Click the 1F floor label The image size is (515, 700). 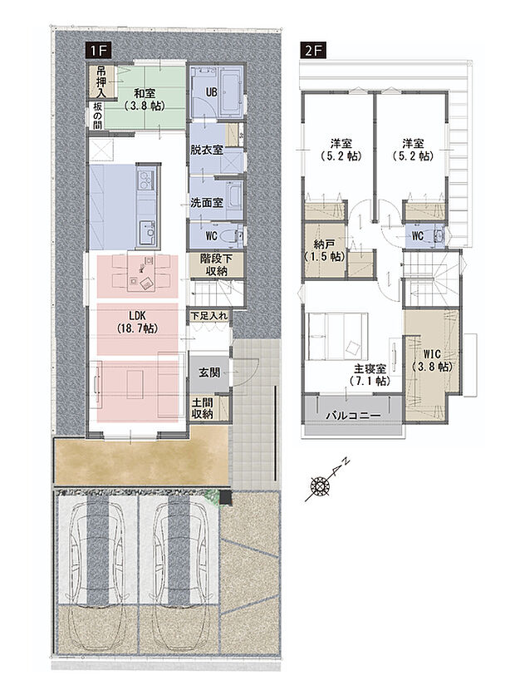click(98, 50)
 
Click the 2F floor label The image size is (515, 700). click(313, 50)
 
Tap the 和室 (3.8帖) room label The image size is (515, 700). click(145, 100)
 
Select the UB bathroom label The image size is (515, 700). click(211, 92)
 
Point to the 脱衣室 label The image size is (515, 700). click(207, 150)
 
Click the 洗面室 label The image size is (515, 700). click(207, 203)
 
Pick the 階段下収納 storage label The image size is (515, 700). click(216, 264)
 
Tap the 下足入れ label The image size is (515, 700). click(209, 316)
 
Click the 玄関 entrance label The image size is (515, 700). click(209, 372)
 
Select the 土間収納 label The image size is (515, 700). click(202, 408)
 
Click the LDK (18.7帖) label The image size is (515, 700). click(137, 322)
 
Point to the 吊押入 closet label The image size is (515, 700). click(101, 82)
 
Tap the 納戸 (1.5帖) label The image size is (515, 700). click(324, 251)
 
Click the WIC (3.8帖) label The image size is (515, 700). click(432, 361)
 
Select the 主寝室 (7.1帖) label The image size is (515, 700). click(370, 376)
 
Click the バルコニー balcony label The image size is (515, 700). click(353, 416)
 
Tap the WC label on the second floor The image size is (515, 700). click(418, 235)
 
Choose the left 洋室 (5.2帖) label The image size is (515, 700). click(341, 150)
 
